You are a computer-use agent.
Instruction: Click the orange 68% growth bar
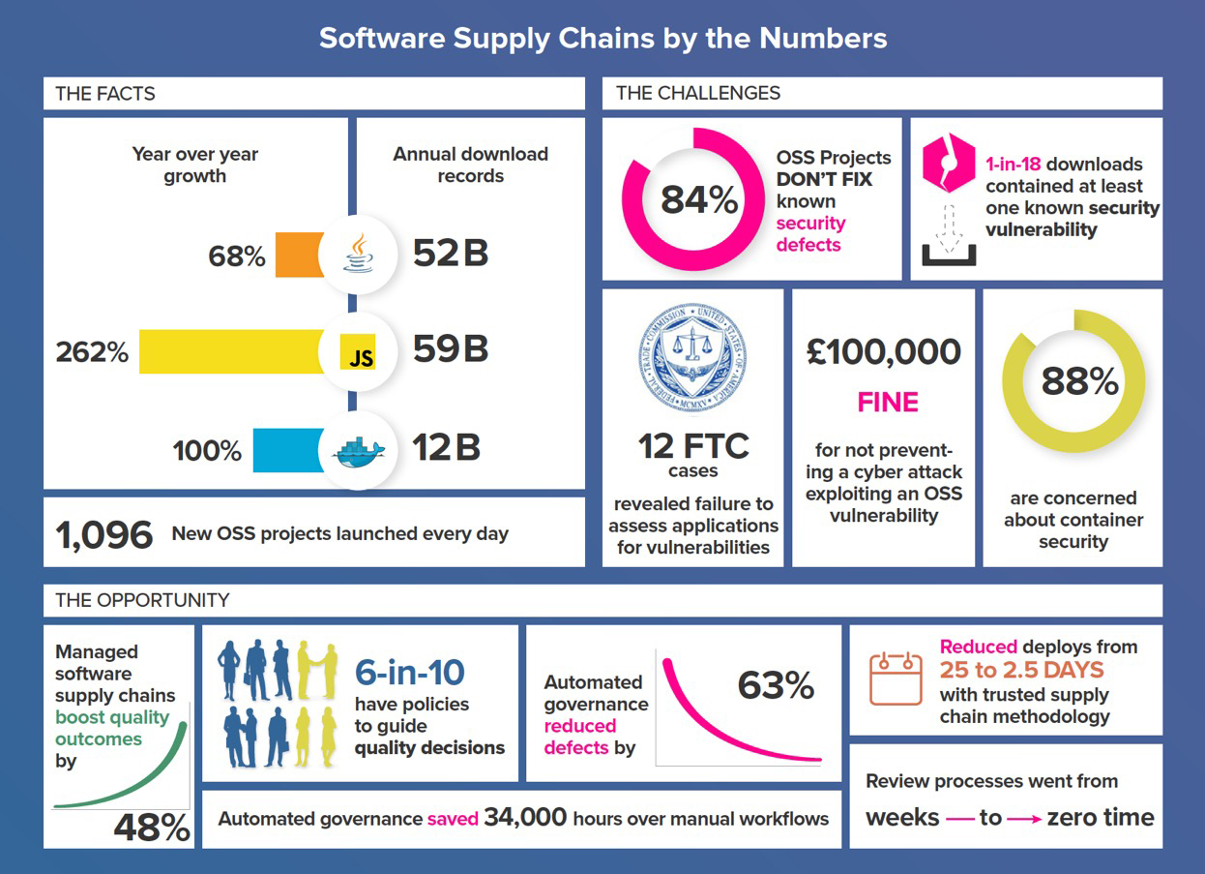point(300,255)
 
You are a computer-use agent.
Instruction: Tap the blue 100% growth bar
point(288,450)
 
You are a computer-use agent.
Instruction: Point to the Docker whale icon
point(357,452)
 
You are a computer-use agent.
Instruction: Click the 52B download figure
point(451,254)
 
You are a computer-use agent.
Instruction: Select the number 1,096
point(104,534)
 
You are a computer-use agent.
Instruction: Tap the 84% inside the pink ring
point(699,200)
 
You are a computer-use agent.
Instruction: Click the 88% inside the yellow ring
point(1079,381)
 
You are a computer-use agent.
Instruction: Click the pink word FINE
point(888,402)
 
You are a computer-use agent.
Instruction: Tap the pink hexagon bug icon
point(948,163)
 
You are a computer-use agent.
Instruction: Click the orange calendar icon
point(896,678)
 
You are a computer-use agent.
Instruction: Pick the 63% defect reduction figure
point(776,685)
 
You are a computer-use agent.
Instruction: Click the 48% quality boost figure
point(152,828)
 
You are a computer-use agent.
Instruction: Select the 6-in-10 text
point(410,672)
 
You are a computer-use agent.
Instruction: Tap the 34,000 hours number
point(525,817)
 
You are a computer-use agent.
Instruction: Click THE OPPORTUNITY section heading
point(142,600)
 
